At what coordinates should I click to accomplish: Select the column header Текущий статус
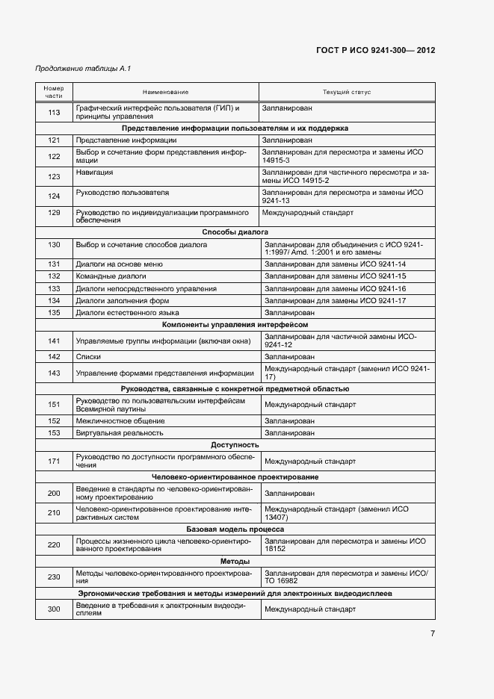(x=346, y=92)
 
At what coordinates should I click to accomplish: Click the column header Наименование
(x=165, y=92)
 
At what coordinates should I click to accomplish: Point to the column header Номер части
(x=54, y=92)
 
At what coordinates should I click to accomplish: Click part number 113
(x=54, y=113)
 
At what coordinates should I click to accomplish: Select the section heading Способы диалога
(x=235, y=232)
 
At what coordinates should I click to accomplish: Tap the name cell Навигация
(x=94, y=172)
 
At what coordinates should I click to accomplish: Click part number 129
(x=54, y=217)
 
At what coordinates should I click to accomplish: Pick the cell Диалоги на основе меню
(x=119, y=264)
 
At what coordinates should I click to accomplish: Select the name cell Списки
(x=88, y=357)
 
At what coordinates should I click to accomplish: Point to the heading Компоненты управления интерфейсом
(x=235, y=325)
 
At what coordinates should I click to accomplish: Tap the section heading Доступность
(x=235, y=445)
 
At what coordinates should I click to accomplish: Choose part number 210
(x=54, y=513)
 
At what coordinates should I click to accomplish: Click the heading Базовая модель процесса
(x=235, y=529)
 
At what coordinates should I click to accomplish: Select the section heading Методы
(x=235, y=561)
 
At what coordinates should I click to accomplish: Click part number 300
(x=54, y=609)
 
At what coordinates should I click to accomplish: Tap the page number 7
(x=432, y=634)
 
